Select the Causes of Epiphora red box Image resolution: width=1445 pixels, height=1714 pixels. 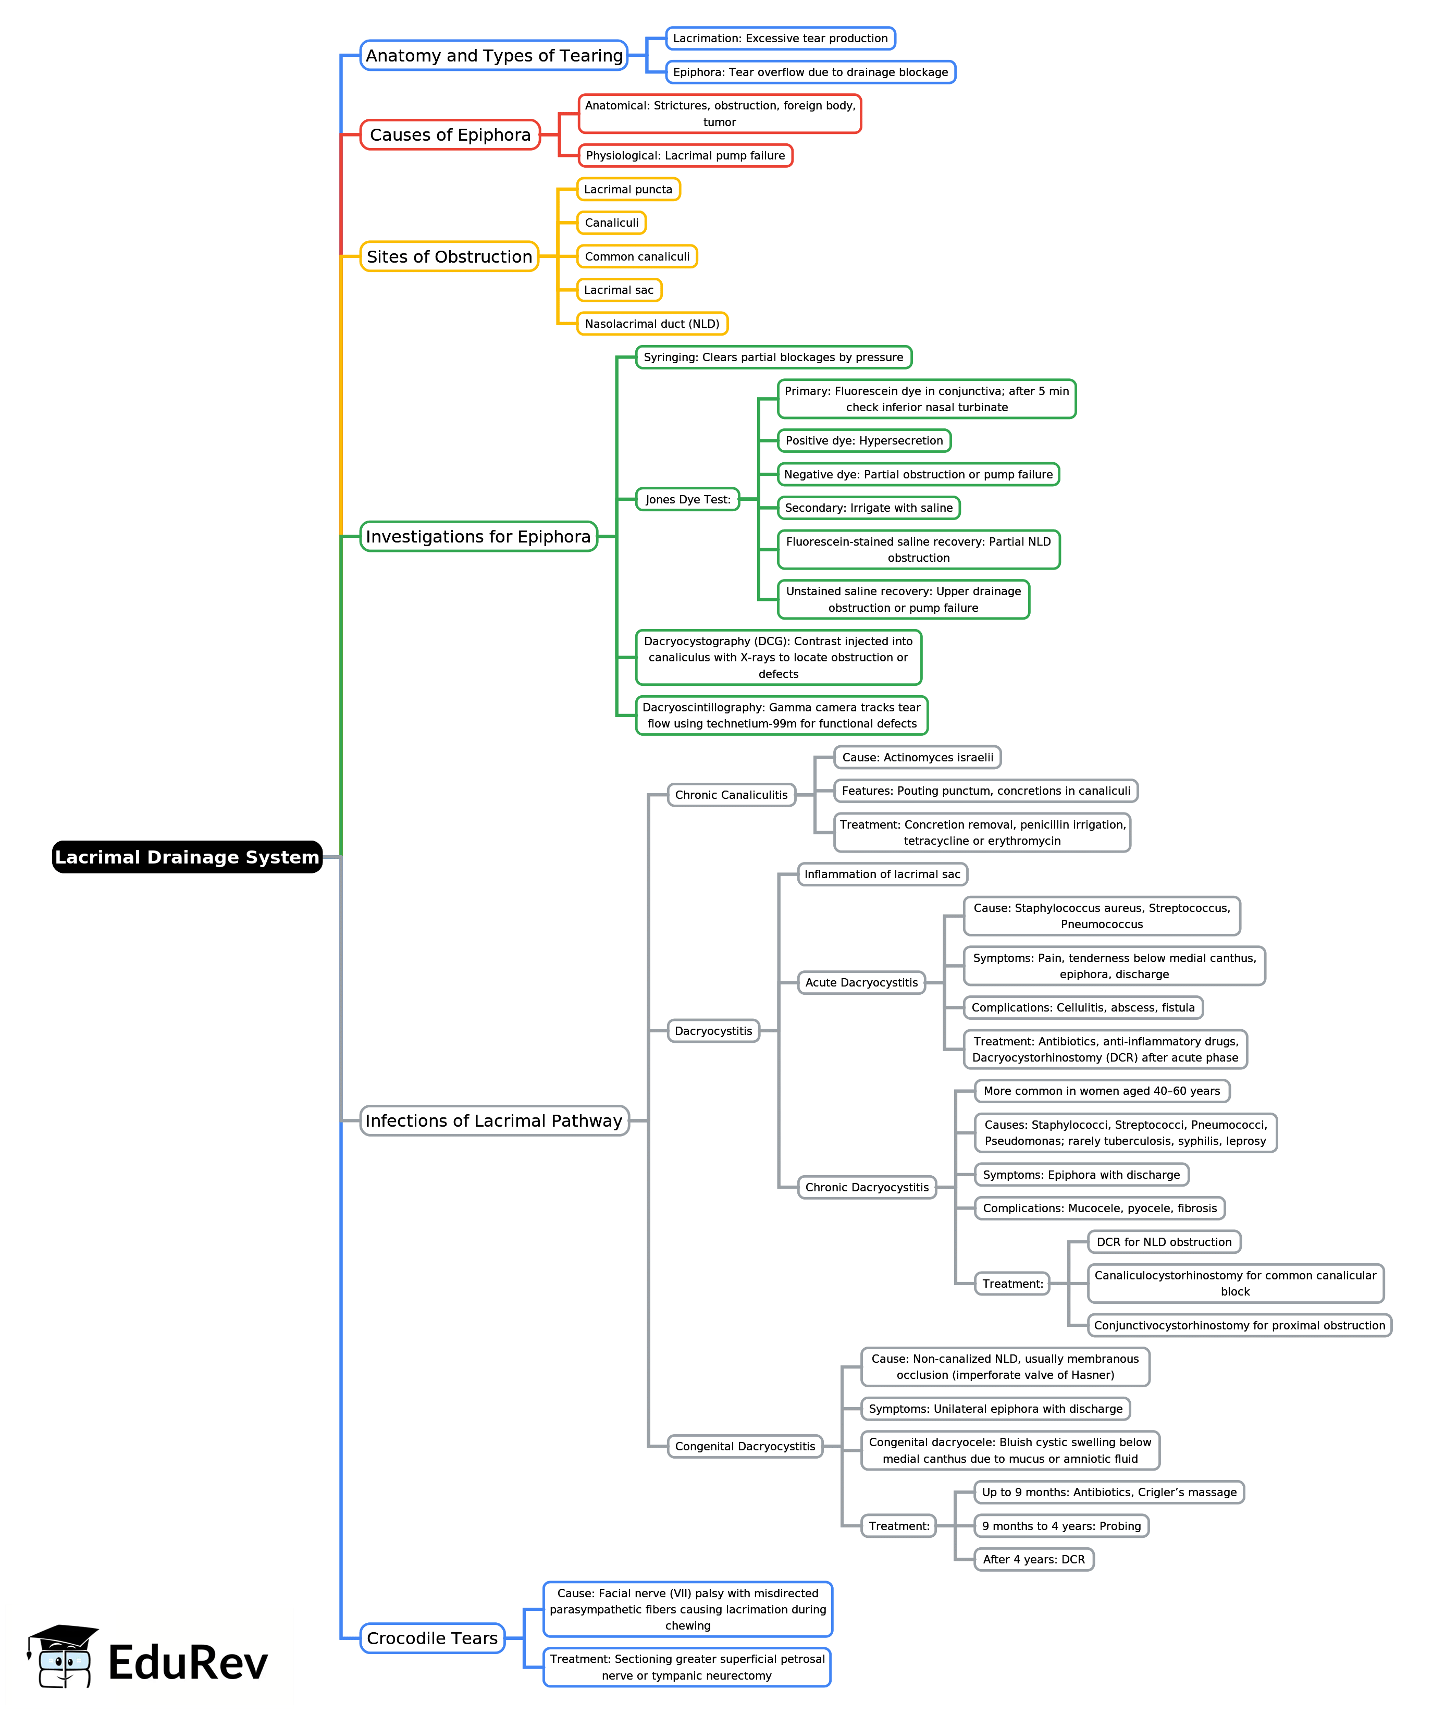point(450,135)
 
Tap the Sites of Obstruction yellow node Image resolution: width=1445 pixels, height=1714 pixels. point(449,256)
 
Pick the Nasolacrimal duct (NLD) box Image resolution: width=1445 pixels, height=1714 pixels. point(651,324)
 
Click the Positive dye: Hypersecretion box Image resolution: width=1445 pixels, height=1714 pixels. point(863,441)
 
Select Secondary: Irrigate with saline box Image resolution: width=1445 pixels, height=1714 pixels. point(868,508)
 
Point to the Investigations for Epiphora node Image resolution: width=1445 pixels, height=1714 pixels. point(478,537)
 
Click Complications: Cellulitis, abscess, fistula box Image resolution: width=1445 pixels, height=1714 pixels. point(1082,1008)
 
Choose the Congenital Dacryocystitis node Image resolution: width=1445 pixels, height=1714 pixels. point(745,1446)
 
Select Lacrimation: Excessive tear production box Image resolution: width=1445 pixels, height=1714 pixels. point(780,39)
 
